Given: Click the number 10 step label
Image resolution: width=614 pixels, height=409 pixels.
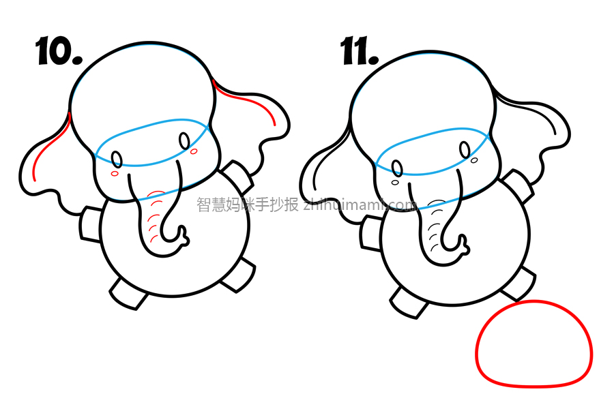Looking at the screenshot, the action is pyautogui.click(x=59, y=51).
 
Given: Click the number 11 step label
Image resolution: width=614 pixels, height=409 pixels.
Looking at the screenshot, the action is pyautogui.click(x=359, y=51).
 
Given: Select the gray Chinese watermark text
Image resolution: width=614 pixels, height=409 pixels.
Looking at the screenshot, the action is pyautogui.click(x=248, y=204).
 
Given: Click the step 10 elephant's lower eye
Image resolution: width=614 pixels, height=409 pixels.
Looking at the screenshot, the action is pyautogui.click(x=117, y=160).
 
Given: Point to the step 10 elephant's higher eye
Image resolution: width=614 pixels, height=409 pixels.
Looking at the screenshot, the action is pyautogui.click(x=184, y=141).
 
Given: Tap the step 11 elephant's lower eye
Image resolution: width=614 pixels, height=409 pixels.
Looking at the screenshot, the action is pyautogui.click(x=397, y=168).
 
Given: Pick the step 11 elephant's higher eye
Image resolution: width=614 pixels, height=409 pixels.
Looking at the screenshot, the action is pyautogui.click(x=465, y=150).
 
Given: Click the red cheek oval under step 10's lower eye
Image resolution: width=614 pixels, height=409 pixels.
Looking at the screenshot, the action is pyautogui.click(x=115, y=173).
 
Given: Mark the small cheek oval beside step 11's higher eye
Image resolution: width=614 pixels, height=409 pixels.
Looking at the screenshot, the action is pyautogui.click(x=474, y=160).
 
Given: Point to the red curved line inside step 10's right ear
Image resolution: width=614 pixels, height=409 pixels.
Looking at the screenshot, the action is pyautogui.click(x=250, y=101).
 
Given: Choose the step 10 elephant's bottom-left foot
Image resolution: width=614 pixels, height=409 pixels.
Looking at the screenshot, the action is pyautogui.click(x=128, y=294).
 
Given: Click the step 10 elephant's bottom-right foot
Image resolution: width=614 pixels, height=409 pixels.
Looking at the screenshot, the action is pyautogui.click(x=239, y=275).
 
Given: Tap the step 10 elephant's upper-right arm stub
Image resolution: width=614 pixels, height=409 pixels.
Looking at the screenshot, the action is pyautogui.click(x=237, y=176).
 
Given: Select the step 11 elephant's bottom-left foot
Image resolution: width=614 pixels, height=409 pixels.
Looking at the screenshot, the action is pyautogui.click(x=408, y=303).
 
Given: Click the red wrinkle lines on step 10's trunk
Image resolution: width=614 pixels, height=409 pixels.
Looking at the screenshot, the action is pyautogui.click(x=154, y=217).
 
